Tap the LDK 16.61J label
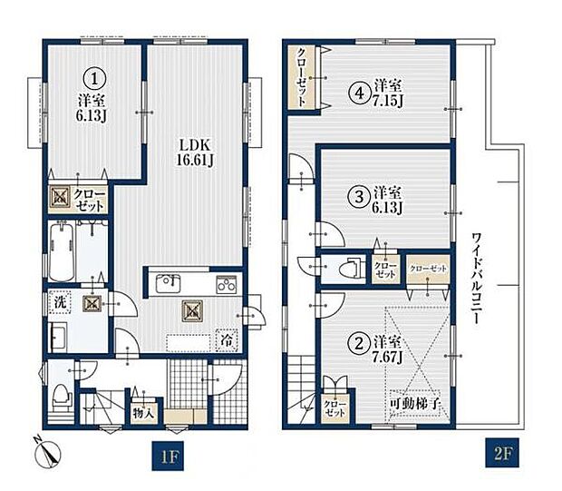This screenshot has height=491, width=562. (194, 152)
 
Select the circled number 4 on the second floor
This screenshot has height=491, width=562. (360, 93)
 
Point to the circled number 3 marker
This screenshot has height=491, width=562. (359, 197)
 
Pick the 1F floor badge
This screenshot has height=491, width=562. (168, 456)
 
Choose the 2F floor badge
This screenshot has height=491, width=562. (502, 453)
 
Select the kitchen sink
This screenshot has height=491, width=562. (168, 283)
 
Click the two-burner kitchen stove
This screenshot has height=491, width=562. (227, 284)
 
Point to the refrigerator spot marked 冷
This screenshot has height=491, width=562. (227, 339)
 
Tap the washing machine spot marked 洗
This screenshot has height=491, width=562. (60, 302)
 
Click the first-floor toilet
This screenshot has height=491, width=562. (62, 398)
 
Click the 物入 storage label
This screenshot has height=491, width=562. (143, 414)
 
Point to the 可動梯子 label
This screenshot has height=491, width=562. (414, 404)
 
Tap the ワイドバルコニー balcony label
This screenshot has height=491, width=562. (476, 279)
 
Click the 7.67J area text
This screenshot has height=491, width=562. (387, 357)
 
